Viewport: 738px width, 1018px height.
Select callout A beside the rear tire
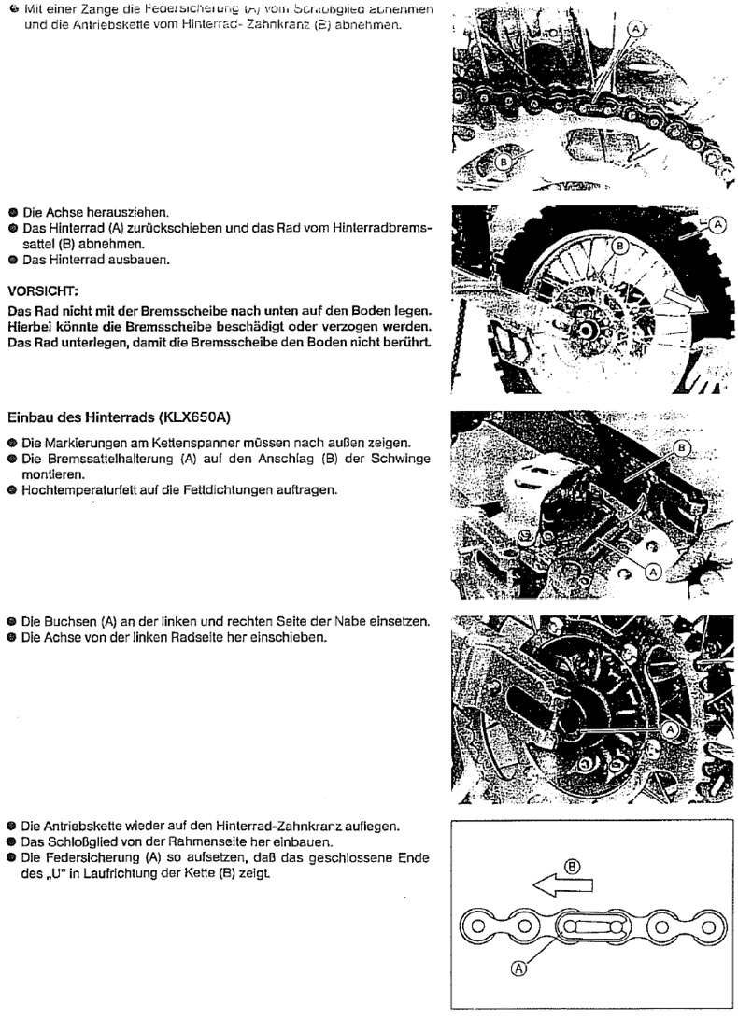(x=717, y=224)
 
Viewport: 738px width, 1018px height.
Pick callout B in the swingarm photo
(x=682, y=449)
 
